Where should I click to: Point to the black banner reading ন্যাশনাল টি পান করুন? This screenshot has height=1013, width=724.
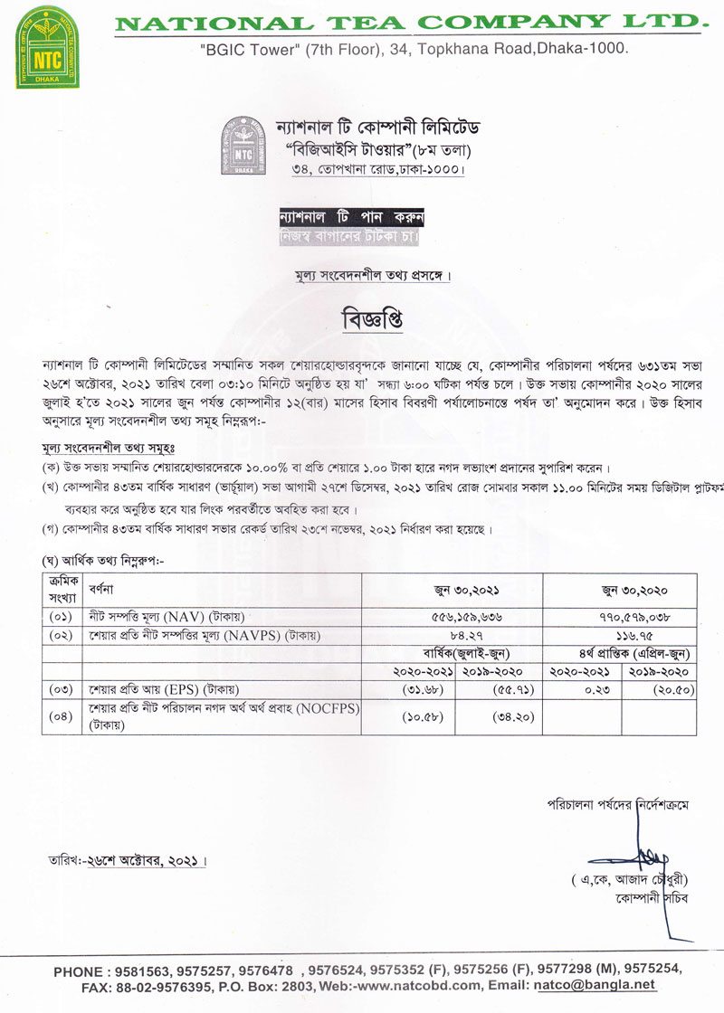[352, 218]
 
